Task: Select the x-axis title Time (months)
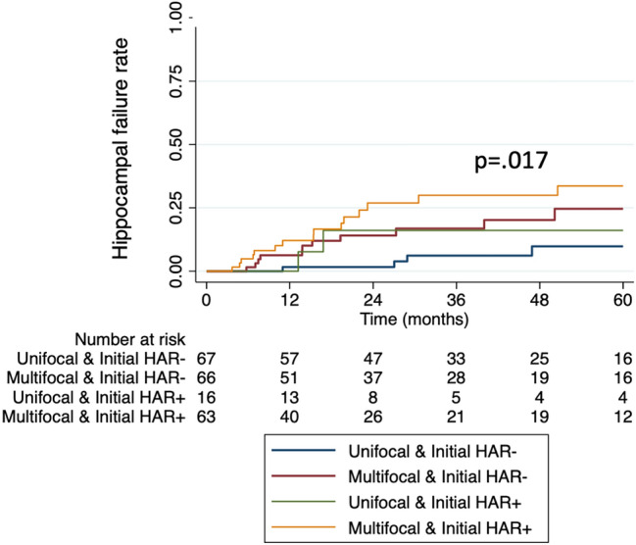[x=413, y=320]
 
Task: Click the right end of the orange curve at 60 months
[x=622, y=186]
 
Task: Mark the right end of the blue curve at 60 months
[x=622, y=246]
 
